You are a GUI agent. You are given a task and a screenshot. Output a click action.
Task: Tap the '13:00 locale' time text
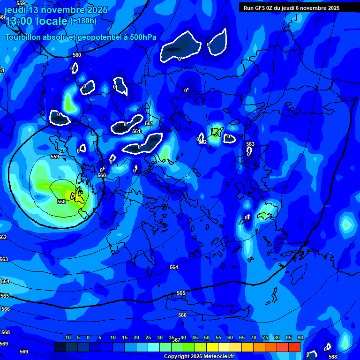37,22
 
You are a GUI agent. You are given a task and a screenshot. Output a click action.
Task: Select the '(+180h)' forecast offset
83,21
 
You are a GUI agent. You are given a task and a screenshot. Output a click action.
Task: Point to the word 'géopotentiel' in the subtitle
96,37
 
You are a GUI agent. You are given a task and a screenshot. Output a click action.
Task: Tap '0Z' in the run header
275,8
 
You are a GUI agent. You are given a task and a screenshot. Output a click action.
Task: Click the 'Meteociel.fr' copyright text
218,357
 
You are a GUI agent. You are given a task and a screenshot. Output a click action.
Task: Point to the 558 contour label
61,202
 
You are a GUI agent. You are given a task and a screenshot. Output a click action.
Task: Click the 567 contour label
176,340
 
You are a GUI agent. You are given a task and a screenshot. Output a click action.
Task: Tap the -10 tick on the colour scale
67,337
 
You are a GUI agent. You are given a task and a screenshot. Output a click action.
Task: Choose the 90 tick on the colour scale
300,337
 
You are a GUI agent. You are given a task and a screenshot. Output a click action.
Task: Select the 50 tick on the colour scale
207,337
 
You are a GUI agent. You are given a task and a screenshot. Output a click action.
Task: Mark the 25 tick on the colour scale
148,337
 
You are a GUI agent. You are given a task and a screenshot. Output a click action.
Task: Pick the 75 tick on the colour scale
265,337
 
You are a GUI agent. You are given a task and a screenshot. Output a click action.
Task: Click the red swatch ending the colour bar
294,347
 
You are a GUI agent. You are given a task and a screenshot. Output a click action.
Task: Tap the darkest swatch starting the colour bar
60,347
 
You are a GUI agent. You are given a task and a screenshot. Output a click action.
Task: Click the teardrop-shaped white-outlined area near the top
218,43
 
